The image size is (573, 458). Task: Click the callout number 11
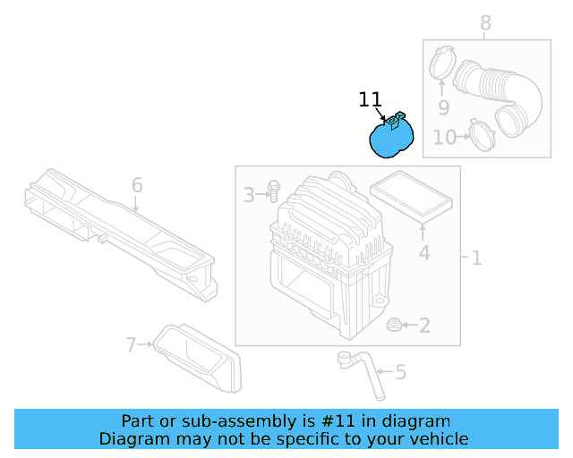pyautogui.click(x=370, y=99)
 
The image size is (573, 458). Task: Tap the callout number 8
pyautogui.click(x=485, y=22)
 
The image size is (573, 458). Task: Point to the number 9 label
pyautogui.click(x=442, y=109)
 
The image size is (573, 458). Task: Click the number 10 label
pyautogui.click(x=444, y=137)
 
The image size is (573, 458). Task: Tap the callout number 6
pyautogui.click(x=137, y=185)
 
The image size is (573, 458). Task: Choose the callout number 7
pyautogui.click(x=131, y=344)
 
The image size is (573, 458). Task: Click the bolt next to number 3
pyautogui.click(x=273, y=191)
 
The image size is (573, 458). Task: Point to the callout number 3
pyautogui.click(x=249, y=193)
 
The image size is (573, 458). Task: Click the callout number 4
pyautogui.click(x=424, y=253)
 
